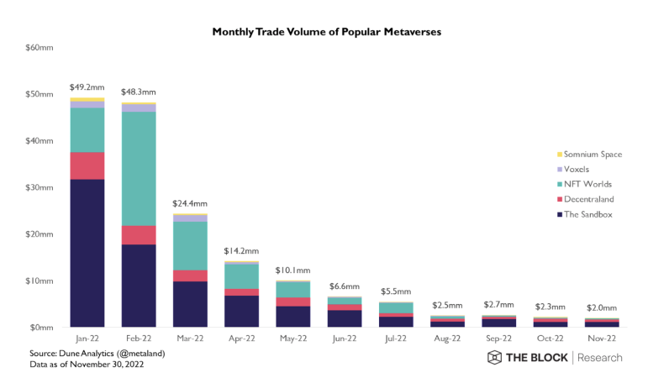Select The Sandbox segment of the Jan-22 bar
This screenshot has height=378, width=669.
[87, 252]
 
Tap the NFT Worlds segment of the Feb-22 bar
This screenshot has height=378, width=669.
[139, 168]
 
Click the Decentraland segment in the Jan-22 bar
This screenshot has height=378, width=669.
[87, 165]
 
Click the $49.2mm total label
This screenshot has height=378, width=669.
[87, 87]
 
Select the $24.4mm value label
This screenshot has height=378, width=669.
[190, 203]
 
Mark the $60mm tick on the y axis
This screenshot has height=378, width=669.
[40, 48]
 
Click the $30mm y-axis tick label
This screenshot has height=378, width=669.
[40, 187]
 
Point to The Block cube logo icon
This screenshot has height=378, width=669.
[495, 358]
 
